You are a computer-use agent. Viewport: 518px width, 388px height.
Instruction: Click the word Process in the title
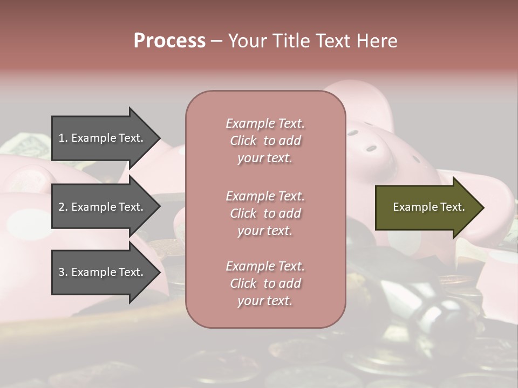(x=169, y=41)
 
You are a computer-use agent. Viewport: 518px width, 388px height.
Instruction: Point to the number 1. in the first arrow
(x=63, y=138)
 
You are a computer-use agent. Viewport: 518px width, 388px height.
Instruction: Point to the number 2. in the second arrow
(x=63, y=207)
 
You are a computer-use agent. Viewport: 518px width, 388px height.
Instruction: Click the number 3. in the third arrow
(x=63, y=272)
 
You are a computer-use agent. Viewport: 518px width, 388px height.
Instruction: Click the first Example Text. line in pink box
(x=265, y=123)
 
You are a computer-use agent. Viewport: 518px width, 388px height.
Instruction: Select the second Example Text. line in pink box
(x=265, y=196)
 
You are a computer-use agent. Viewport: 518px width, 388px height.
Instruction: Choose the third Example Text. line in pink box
(x=265, y=266)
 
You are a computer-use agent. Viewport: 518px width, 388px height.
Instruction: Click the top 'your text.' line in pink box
(x=265, y=158)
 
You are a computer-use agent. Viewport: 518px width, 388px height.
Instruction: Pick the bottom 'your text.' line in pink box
(x=265, y=301)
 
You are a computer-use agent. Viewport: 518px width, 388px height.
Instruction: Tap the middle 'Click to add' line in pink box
(x=265, y=213)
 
